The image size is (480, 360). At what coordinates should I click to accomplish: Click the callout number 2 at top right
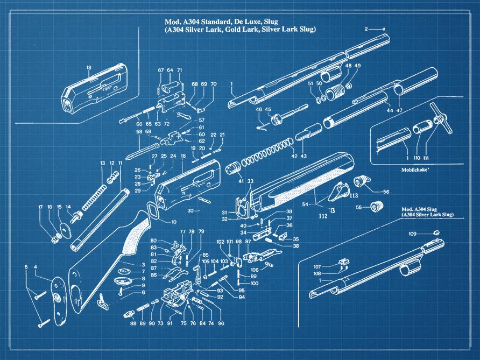366,29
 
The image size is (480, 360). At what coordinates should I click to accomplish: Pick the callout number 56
386,192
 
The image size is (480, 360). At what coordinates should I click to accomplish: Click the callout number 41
226,182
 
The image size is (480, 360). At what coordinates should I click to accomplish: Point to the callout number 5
26,266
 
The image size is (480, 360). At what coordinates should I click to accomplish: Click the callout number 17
40,207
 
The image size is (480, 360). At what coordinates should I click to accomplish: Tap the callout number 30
189,211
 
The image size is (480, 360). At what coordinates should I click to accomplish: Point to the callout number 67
160,70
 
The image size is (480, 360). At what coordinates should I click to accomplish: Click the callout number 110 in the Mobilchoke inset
417,158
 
